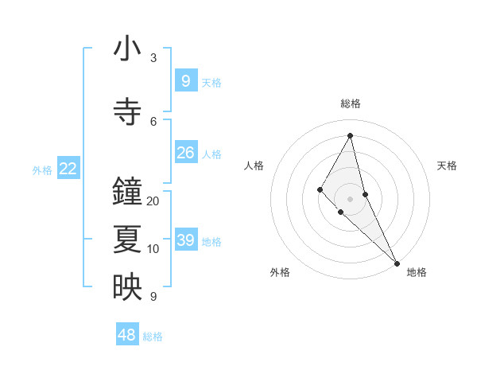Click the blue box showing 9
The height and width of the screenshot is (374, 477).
[x=185, y=80]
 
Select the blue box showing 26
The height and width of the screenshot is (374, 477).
[x=185, y=153]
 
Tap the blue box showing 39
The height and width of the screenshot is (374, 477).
[x=185, y=240]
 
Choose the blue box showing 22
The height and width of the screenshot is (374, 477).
[x=68, y=169]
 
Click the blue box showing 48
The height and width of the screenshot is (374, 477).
[x=127, y=335]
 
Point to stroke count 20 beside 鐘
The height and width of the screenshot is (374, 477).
[x=153, y=201]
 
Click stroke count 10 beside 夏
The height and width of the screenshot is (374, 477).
[x=153, y=249]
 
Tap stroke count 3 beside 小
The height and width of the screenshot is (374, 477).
[x=153, y=57]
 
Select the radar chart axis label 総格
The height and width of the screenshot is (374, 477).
[x=350, y=103]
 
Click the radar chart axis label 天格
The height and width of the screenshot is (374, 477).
[x=447, y=166]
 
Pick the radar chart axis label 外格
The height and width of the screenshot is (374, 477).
[x=280, y=272]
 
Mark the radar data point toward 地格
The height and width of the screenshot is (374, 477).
[x=396, y=262]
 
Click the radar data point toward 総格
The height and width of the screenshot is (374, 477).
[x=350, y=134]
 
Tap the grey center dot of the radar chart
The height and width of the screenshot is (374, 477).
[x=350, y=198]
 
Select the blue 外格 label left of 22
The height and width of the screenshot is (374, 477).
[x=42, y=169]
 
